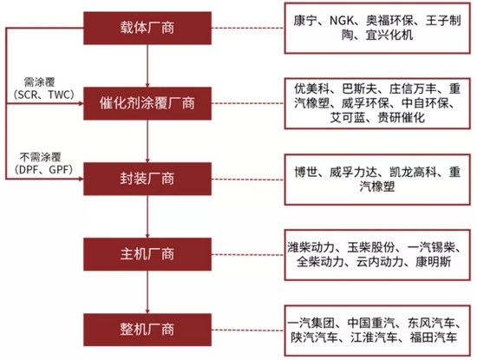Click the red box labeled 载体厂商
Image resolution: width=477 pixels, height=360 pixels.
[147, 28]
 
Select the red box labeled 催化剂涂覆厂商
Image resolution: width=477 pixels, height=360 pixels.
[147, 103]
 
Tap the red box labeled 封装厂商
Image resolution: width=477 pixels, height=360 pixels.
[147, 179]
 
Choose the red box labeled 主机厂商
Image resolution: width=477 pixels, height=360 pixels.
[147, 254]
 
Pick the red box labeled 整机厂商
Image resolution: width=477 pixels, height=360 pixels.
[147, 330]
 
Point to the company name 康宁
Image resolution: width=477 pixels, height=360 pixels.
[305, 21]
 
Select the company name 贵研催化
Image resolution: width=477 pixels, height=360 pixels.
[402, 117]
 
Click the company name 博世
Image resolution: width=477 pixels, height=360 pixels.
[306, 173]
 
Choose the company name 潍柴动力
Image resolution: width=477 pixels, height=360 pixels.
[310, 247]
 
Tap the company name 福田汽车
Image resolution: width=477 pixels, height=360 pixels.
[434, 337]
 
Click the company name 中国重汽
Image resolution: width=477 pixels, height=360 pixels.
[371, 323]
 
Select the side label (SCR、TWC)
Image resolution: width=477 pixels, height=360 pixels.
[44, 95]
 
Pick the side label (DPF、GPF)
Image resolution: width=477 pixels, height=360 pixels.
[43, 169]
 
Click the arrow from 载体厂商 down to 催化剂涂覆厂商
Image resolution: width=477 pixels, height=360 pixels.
[147, 66]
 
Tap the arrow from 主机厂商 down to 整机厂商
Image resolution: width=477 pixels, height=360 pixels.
[147, 291]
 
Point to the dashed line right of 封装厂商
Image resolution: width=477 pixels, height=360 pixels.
[248, 180]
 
